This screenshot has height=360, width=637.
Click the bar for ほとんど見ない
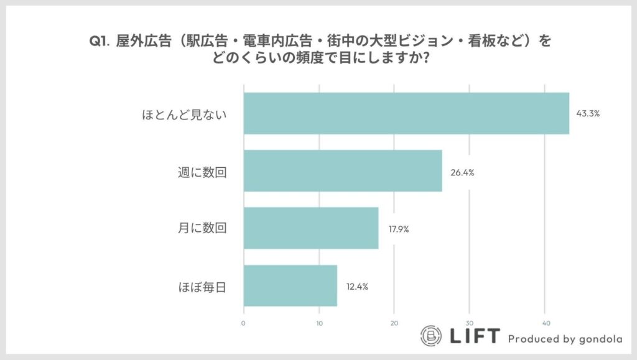(x=406, y=113)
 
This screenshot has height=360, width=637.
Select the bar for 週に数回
(x=342, y=171)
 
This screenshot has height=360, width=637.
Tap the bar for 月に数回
(x=310, y=228)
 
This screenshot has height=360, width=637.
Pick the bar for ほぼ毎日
(x=290, y=285)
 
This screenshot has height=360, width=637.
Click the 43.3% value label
(x=587, y=114)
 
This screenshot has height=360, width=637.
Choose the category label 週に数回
(x=202, y=172)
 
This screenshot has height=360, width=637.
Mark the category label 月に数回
(x=202, y=229)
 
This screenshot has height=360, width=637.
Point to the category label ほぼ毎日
(x=202, y=287)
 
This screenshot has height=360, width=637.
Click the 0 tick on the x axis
(x=243, y=323)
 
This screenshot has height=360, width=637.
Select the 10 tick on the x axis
(x=318, y=323)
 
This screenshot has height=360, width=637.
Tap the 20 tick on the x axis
(x=394, y=323)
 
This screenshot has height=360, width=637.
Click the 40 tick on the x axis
(x=544, y=323)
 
